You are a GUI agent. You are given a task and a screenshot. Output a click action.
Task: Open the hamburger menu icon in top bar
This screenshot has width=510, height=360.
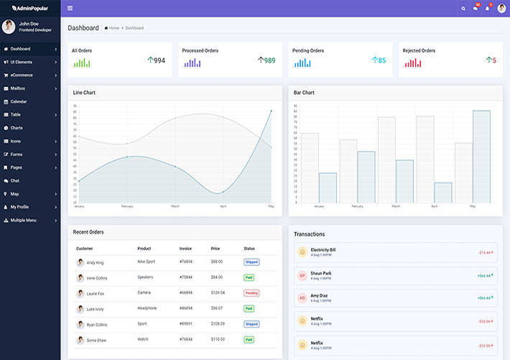coord(70,8)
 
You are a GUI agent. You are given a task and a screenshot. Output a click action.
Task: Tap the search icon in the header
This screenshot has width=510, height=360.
coord(463,9)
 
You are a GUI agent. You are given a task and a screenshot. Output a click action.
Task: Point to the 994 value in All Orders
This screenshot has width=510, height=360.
coord(159,61)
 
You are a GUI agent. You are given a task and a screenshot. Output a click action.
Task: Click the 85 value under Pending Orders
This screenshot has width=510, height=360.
coord(381,61)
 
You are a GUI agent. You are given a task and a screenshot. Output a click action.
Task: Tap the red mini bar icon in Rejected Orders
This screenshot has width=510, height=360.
coord(412,63)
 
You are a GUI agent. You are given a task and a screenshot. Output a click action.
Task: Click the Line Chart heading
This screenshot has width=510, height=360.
coord(84,93)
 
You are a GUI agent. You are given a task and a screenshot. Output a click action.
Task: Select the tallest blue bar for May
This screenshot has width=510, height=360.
coord(481,157)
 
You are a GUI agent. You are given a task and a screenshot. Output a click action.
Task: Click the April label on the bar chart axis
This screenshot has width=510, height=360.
coord(434,206)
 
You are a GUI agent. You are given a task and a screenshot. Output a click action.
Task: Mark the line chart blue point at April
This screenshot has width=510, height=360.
coord(223,192)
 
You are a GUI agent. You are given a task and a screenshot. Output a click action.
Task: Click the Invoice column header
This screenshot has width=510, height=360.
coord(185,249)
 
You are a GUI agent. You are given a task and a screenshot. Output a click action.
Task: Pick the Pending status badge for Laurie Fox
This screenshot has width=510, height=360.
coord(251,293)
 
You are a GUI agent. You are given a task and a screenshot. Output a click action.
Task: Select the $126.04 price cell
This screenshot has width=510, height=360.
coord(218,293)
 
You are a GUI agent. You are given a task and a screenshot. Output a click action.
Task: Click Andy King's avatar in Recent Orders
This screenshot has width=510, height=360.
coord(80,262)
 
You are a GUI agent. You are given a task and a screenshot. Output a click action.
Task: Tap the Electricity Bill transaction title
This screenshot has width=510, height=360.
coord(323,250)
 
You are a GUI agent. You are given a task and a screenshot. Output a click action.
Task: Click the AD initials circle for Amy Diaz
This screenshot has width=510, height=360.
coord(302,297)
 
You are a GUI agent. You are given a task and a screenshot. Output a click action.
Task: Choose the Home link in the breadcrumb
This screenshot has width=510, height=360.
coord(113,28)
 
